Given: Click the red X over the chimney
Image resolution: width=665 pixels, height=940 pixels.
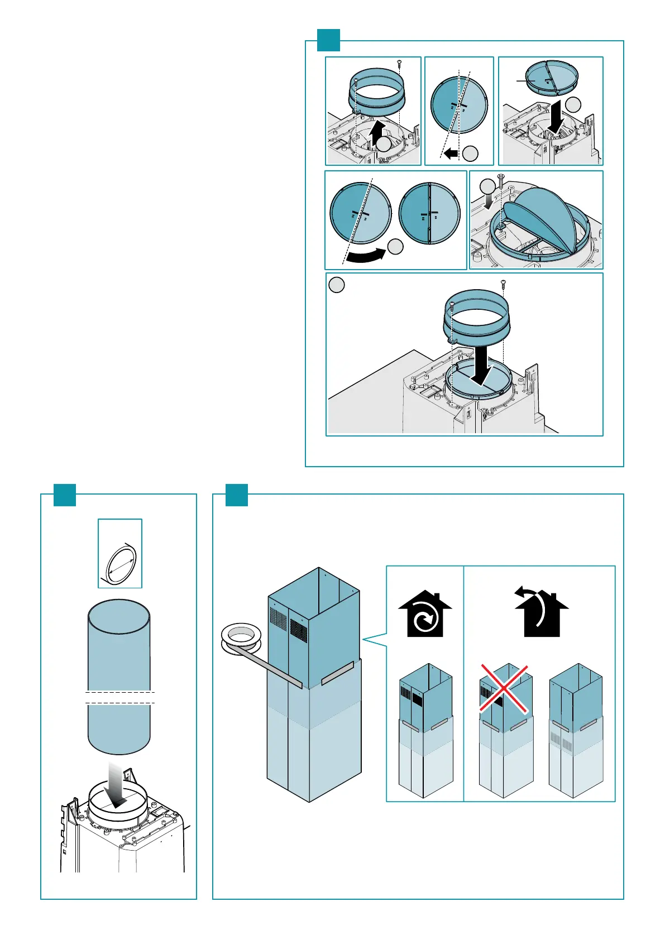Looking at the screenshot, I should [504, 688].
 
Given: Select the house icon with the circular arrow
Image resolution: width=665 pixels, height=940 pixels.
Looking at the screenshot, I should [425, 615].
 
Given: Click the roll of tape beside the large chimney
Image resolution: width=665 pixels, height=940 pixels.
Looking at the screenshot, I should [241, 639].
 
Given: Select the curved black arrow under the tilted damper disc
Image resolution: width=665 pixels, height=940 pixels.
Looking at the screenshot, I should [365, 256].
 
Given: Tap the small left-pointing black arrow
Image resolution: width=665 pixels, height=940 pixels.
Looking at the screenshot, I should [451, 153].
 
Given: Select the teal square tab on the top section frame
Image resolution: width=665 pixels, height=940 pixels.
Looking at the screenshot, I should [328, 40].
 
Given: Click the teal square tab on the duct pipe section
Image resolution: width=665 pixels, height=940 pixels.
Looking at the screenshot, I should [64, 494].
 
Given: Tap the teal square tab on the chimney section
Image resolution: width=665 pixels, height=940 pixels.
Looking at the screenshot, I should [236, 494].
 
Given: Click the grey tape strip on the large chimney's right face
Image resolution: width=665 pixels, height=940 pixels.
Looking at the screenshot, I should [337, 673].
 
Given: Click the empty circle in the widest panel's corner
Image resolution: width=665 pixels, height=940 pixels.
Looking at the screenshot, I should [336, 285].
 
